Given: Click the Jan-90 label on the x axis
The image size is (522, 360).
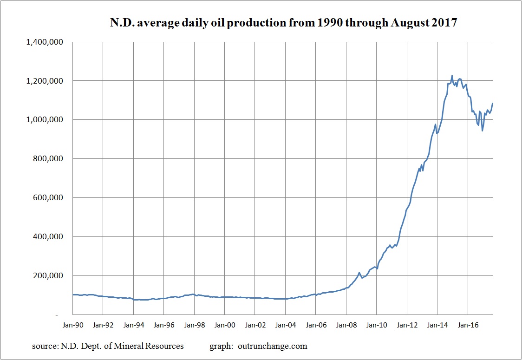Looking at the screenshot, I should tap(73, 325).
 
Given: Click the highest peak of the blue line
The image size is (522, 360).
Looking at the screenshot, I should tap(452, 76).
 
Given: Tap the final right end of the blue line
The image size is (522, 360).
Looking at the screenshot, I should tap(492, 103).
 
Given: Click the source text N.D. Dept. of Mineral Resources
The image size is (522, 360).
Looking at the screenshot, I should tap(108, 346).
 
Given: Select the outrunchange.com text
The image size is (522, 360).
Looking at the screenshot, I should tap(273, 346).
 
